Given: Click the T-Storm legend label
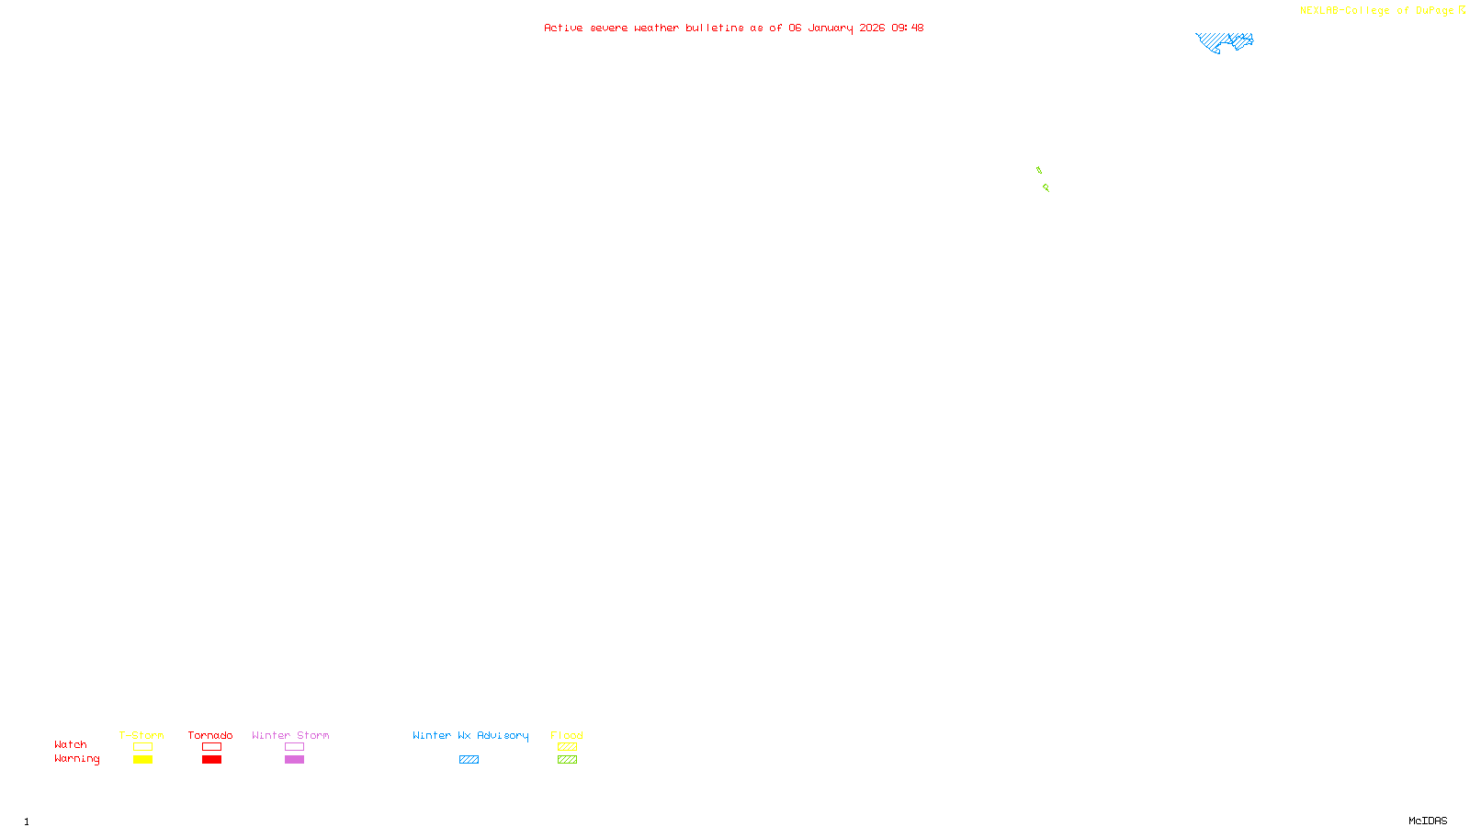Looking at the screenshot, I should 141,735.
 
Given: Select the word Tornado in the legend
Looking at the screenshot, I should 210,735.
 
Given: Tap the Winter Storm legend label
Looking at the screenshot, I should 290,735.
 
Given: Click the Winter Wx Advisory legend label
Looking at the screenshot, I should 470,735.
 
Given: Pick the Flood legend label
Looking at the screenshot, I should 567,735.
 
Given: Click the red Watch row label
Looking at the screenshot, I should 71,744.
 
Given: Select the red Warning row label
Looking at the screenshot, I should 77,759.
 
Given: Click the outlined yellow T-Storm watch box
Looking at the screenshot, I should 142,747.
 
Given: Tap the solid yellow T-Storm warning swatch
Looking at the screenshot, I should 142,760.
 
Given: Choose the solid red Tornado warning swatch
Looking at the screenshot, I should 212,760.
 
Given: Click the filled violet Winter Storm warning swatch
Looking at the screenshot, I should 294,760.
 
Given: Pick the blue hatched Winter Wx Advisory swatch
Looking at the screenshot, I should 469,760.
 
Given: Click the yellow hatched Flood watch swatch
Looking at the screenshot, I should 567,747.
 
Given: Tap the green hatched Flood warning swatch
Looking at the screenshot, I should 567,760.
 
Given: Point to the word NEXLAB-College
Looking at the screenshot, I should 1344,11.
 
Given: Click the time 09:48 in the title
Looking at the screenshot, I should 908,28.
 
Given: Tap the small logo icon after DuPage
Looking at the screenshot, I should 1462,10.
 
